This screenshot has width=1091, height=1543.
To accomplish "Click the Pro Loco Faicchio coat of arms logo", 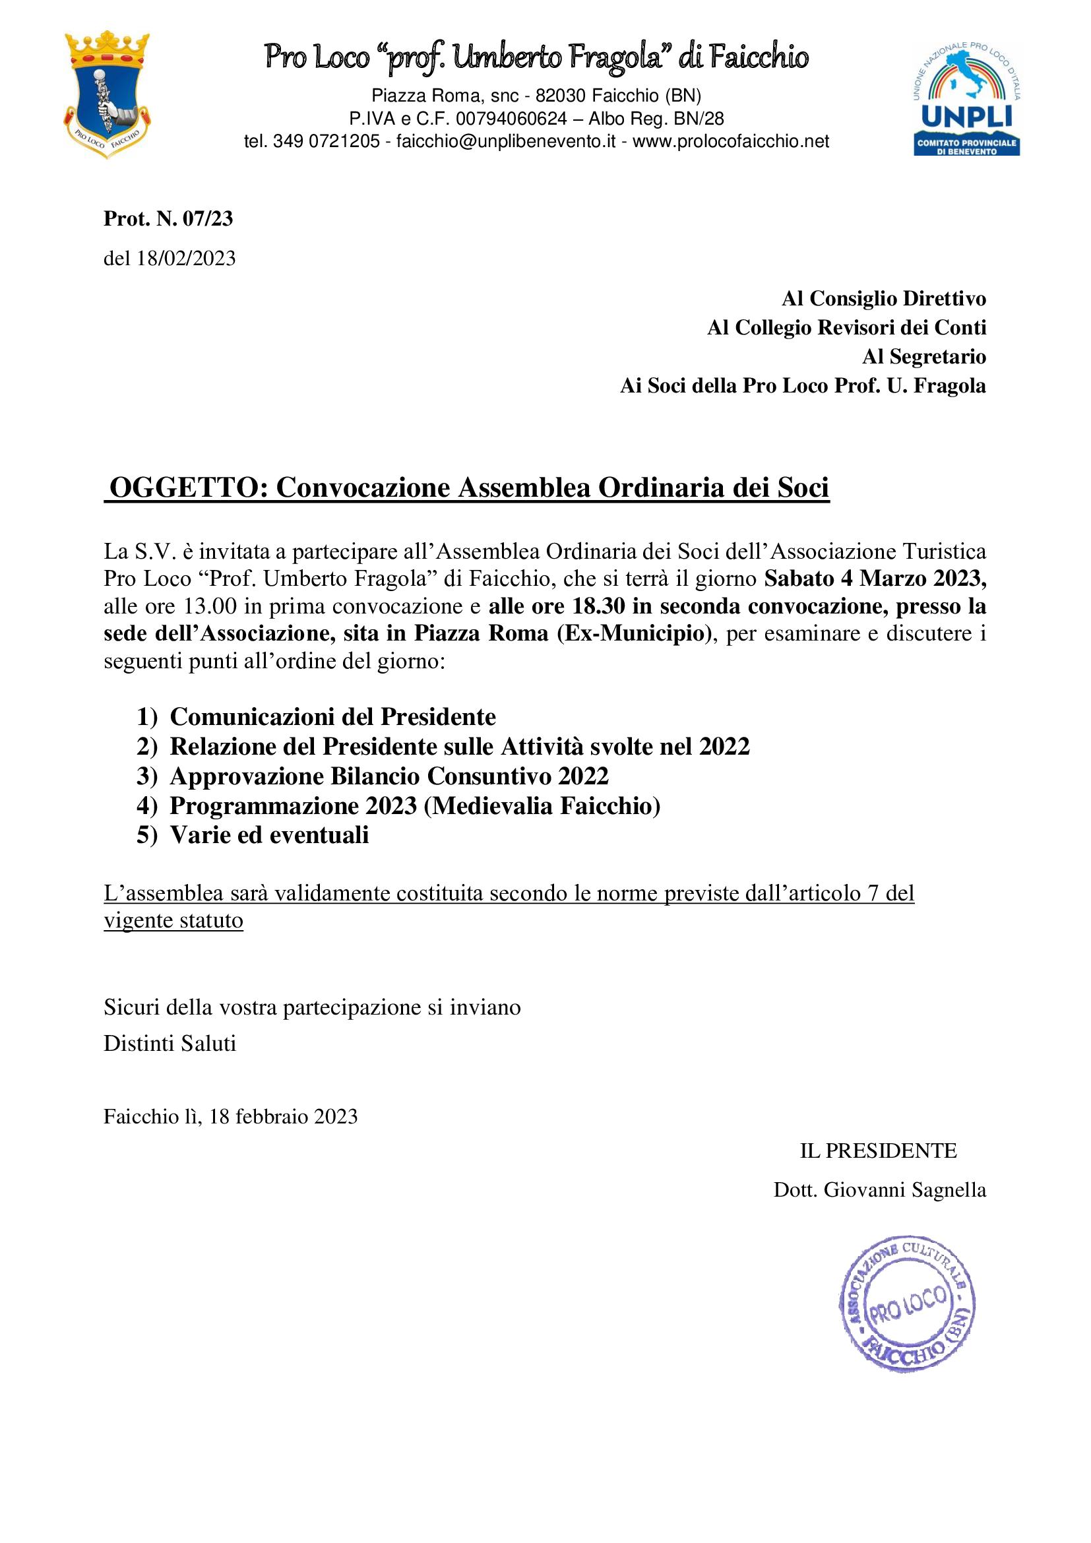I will (x=107, y=94).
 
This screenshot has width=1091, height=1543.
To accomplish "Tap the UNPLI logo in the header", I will (x=967, y=100).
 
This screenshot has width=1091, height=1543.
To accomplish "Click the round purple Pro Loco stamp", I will (x=906, y=1303).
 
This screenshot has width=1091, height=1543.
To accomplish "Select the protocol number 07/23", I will (x=208, y=218).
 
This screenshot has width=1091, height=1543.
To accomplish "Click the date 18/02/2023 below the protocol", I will (x=186, y=259).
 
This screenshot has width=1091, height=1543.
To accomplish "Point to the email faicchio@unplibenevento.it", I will (x=506, y=142).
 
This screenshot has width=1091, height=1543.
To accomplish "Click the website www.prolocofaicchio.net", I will (x=731, y=142).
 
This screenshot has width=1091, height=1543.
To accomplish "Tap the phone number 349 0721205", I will (x=327, y=142).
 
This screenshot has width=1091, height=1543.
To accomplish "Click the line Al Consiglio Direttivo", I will (x=883, y=298).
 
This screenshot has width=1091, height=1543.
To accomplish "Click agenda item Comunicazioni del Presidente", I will (x=332, y=717).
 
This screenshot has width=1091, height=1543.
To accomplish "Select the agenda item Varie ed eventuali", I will (x=269, y=835).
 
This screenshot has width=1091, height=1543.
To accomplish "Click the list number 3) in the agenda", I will (x=146, y=776).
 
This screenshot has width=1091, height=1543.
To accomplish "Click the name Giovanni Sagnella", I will (x=905, y=1190).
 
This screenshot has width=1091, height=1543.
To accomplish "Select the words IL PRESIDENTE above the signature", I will (x=877, y=1151).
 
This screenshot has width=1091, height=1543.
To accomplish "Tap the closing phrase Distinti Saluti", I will (x=170, y=1044).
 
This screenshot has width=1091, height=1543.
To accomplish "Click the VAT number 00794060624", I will (x=511, y=119).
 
